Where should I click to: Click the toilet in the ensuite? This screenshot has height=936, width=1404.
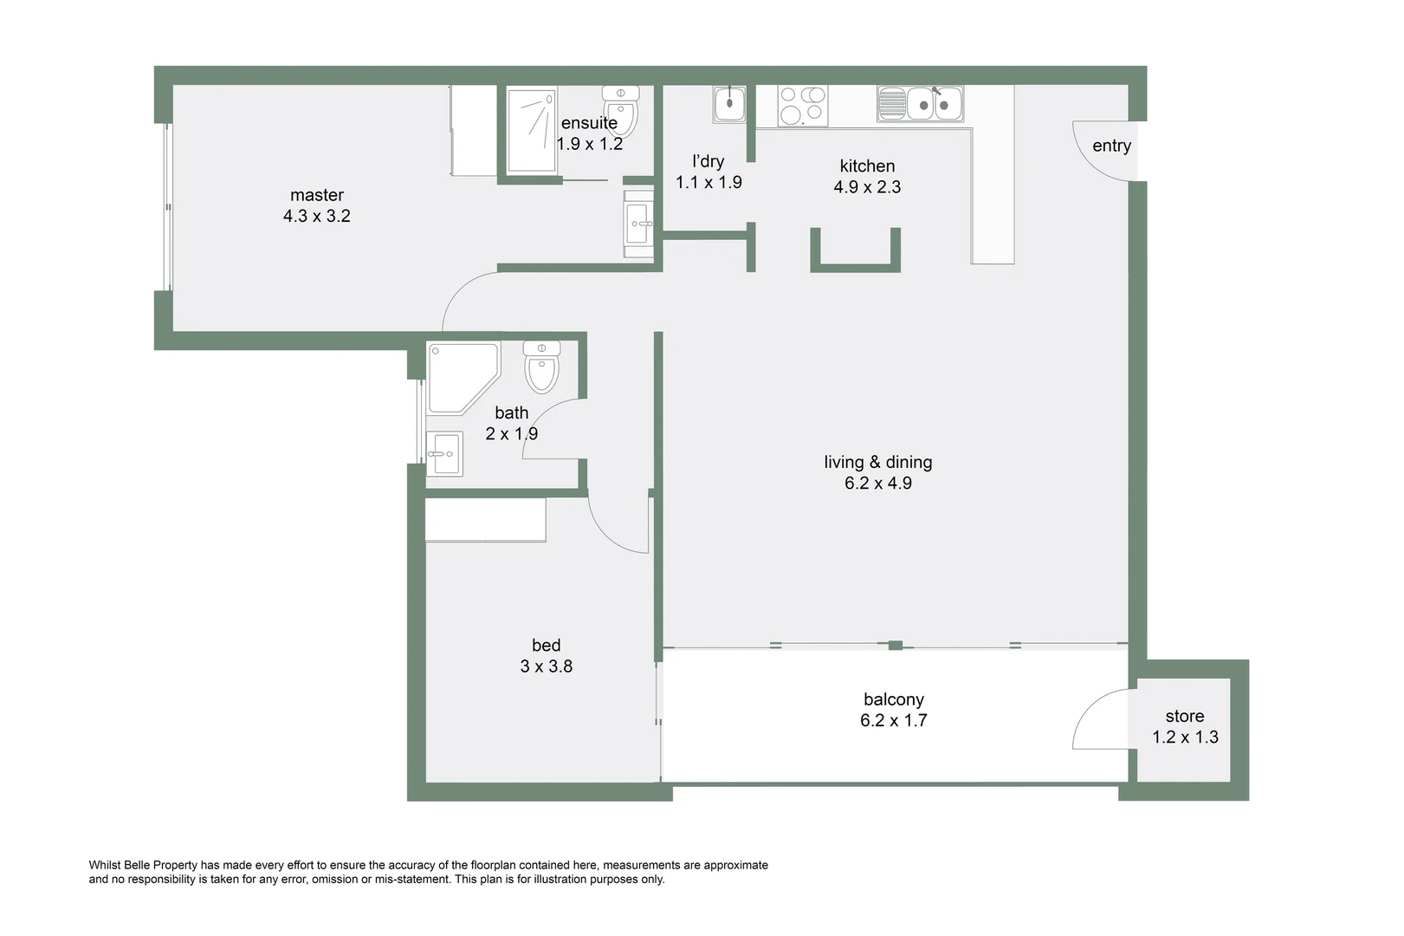pos(621,113)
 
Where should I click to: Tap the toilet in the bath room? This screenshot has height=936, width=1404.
pos(541,367)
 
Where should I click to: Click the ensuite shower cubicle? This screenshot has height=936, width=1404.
pos(531,131)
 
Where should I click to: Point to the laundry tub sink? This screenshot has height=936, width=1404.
pos(729,104)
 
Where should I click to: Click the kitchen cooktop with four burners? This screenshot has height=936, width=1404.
pos(802,106)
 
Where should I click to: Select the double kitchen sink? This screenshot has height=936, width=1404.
pos(920,104)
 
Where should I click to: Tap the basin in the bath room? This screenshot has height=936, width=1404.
pos(444,453)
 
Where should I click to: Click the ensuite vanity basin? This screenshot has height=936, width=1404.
pos(639,224)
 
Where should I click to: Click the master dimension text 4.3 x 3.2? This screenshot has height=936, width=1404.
pos(316,216)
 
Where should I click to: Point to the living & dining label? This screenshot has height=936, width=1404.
pos(877,462)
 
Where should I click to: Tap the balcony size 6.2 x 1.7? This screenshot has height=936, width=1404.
pos(893,720)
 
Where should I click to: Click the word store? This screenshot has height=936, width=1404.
pos(1184,716)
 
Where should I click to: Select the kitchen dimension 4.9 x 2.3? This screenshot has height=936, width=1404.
pos(867,187)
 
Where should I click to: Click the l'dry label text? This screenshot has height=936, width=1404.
pos(708,161)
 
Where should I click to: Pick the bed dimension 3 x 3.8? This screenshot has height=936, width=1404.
pos(546,666)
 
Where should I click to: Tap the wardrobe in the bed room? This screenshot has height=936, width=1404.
pos(485,520)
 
